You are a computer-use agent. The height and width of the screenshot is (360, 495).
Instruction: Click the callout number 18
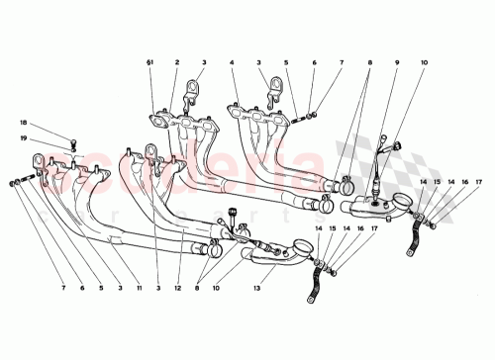[24, 124]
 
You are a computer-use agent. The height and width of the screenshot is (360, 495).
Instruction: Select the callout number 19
[24, 140]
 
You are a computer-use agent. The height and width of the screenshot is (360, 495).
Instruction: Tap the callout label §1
[150, 62]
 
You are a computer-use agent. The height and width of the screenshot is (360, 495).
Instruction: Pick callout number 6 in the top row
[314, 62]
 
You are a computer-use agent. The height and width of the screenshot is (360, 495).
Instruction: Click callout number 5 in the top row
[286, 62]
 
